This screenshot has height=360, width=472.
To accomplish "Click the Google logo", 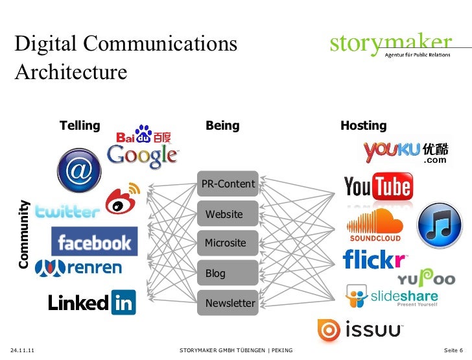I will (x=142, y=155).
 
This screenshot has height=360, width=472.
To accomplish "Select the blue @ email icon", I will (x=79, y=171).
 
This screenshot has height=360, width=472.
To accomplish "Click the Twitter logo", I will (x=67, y=211).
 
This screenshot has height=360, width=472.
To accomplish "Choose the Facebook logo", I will (x=94, y=242).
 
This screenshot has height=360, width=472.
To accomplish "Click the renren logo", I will (x=78, y=267).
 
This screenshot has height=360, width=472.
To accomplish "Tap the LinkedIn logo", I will (x=91, y=302).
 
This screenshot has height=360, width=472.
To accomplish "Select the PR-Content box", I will (x=228, y=184).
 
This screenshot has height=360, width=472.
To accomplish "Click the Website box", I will (x=228, y=214).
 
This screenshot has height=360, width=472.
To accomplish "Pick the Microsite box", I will (x=228, y=243).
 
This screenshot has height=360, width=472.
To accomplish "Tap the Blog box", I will (x=228, y=273).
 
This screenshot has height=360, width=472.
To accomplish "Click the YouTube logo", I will (x=377, y=187).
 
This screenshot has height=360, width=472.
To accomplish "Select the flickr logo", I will (x=374, y=260).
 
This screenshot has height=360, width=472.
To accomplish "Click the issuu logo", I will (x=360, y=330).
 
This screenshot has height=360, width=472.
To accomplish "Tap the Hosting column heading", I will (x=363, y=126).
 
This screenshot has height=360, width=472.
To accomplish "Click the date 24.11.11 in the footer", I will (x=23, y=351).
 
